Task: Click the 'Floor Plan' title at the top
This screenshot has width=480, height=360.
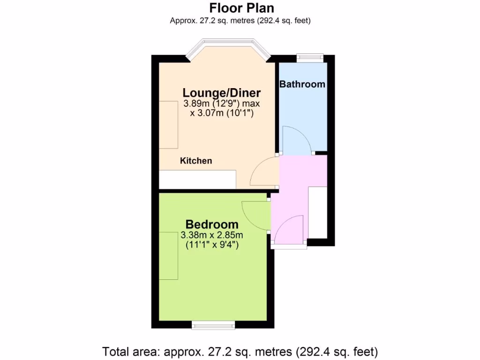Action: [241, 8]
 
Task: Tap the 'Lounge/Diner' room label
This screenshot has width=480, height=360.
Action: [221, 92]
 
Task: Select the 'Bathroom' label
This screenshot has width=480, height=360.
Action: [302, 84]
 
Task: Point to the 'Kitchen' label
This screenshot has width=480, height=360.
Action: [196, 161]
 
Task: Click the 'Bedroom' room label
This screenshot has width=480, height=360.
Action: [212, 225]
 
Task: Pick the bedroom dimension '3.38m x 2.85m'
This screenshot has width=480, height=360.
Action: [212, 235]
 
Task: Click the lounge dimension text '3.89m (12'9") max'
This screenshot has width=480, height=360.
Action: [221, 104]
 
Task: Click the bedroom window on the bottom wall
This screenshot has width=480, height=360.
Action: [213, 324]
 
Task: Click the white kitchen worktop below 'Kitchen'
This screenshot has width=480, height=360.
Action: [197, 179]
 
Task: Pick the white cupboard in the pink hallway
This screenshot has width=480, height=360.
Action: [317, 211]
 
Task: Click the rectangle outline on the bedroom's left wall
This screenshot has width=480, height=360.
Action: [169, 255]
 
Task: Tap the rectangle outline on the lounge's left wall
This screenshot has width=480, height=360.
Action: [168, 124]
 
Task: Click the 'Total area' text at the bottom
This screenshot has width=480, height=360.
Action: [240, 351]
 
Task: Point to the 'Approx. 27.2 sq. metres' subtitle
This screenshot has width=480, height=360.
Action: [240, 21]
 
